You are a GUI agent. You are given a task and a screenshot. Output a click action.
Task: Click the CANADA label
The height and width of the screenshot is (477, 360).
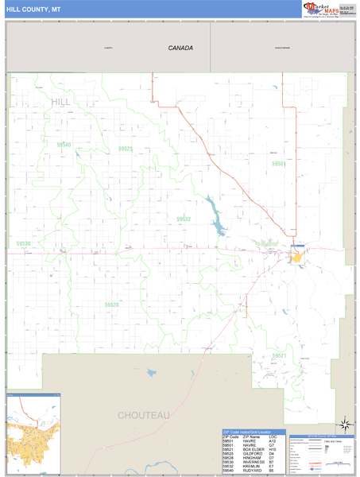pyautogui.click(x=180, y=48)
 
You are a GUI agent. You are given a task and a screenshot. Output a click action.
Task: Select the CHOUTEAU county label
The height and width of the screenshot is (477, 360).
pyautogui.click(x=144, y=415)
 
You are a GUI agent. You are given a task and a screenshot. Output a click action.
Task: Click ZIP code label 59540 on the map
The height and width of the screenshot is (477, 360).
pyautogui.click(x=64, y=145)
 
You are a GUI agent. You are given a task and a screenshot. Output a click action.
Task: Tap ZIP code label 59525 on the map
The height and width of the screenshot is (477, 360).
pyautogui.click(x=125, y=149)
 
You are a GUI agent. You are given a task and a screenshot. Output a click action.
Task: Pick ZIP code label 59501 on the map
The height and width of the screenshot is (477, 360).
pyautogui.click(x=278, y=163)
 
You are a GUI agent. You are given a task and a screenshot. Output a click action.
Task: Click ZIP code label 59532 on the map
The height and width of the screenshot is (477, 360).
pyautogui.click(x=184, y=219)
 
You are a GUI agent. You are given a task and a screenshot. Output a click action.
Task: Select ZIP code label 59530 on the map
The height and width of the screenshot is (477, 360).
pyautogui.click(x=24, y=244)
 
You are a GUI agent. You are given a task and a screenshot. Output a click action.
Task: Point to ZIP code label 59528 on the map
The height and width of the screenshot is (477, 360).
pyautogui.click(x=111, y=304)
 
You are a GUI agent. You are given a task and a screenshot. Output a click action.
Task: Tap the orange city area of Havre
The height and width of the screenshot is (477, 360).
pyautogui.click(x=296, y=258)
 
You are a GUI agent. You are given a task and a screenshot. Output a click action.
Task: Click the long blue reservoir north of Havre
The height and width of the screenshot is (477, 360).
pyautogui.click(x=215, y=219)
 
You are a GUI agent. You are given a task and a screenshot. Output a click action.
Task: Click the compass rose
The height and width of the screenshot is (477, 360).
pyautogui.click(x=344, y=425)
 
